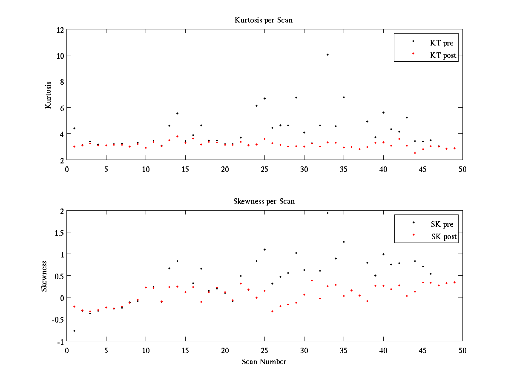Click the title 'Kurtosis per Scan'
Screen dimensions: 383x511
(x=264, y=20)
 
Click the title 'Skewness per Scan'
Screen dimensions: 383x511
(x=264, y=201)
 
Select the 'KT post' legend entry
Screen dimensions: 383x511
(x=443, y=55)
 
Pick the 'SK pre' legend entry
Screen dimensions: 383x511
(x=442, y=224)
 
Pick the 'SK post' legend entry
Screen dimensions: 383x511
(x=444, y=237)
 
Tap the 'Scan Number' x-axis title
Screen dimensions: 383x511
(x=264, y=362)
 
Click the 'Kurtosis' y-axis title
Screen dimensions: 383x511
(x=49, y=95)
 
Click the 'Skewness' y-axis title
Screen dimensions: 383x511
(x=44, y=276)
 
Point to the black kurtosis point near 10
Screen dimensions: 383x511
(x=327, y=54)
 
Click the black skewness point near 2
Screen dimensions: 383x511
(x=327, y=213)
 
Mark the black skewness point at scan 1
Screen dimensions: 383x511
(x=74, y=331)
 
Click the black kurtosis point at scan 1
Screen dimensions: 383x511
(x=74, y=128)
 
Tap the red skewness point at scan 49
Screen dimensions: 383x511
(x=454, y=282)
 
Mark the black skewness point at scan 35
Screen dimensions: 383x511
(x=344, y=242)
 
